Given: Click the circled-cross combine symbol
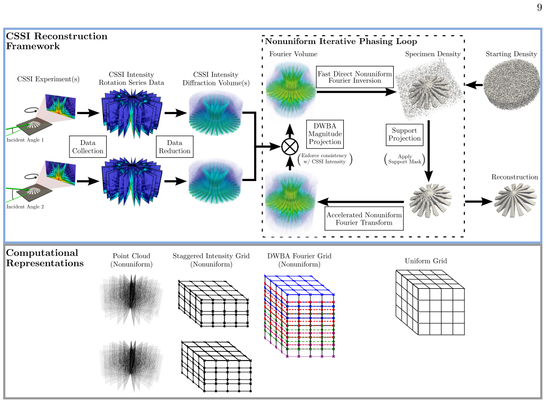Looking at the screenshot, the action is pos(290,147).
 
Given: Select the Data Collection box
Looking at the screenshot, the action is pos(88,147).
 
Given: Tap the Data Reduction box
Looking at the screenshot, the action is pos(175,147).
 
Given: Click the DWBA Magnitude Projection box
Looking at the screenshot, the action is pos(325,134).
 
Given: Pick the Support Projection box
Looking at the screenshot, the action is pos(405,134).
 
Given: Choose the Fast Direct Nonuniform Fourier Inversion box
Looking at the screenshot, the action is pos(355,77).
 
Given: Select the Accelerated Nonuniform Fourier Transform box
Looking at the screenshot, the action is pos(364,219).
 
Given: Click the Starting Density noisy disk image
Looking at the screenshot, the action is pos(511,84).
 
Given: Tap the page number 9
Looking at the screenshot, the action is pos(540,7).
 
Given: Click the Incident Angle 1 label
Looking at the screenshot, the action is pos(25,140).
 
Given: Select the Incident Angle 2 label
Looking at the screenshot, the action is pos(25,207).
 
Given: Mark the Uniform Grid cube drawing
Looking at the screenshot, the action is pos(430,302).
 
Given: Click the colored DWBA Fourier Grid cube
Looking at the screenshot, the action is pos(299,316).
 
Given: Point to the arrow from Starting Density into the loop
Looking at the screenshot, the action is pos(474,84).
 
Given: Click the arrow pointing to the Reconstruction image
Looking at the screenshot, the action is pos(479,201).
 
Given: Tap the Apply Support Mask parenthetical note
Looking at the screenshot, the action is pos(405,159).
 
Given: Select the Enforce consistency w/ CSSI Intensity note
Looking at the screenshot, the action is pos(325,158).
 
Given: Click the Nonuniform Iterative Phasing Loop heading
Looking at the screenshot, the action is pos(341,41).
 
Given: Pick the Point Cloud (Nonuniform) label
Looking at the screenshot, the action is pos(131,260).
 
